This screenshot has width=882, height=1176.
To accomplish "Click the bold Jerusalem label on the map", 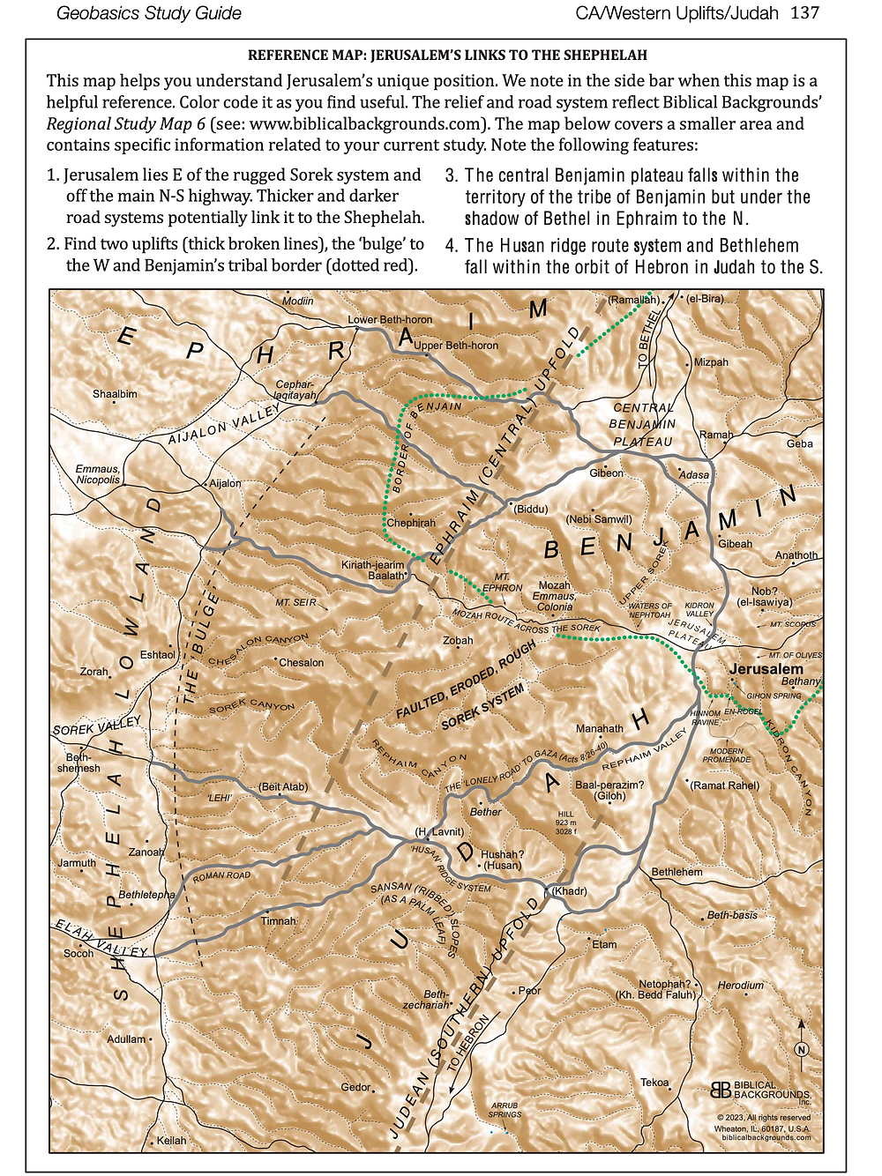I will point(766,668).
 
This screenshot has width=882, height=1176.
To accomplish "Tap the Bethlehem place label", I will point(676,872).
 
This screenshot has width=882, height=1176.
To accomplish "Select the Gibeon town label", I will point(606,473).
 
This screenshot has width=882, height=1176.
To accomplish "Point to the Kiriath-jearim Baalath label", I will point(373,570).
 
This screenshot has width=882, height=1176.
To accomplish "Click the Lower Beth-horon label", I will point(390,319).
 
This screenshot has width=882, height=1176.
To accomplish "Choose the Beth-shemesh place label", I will point(78,763).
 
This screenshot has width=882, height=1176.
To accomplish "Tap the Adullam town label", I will point(126,1039).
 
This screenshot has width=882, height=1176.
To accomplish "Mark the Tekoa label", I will point(654,1083).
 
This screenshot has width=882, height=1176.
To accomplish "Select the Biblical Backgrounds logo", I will point(759,1090).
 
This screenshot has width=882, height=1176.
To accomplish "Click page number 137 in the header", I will point(805,13).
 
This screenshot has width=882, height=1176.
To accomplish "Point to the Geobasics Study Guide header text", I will point(149,13).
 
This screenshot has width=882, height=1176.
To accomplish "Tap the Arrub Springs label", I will point(505,1110).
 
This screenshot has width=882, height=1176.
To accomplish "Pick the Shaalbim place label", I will point(115,394).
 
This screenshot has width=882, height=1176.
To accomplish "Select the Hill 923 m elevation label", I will point(565,822).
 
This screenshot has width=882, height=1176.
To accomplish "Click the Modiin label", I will point(297,301).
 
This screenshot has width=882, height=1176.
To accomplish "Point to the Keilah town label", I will point(171,1140).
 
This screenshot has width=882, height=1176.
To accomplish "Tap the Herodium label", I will point(740,985).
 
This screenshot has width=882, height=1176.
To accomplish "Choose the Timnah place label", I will point(278,920).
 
